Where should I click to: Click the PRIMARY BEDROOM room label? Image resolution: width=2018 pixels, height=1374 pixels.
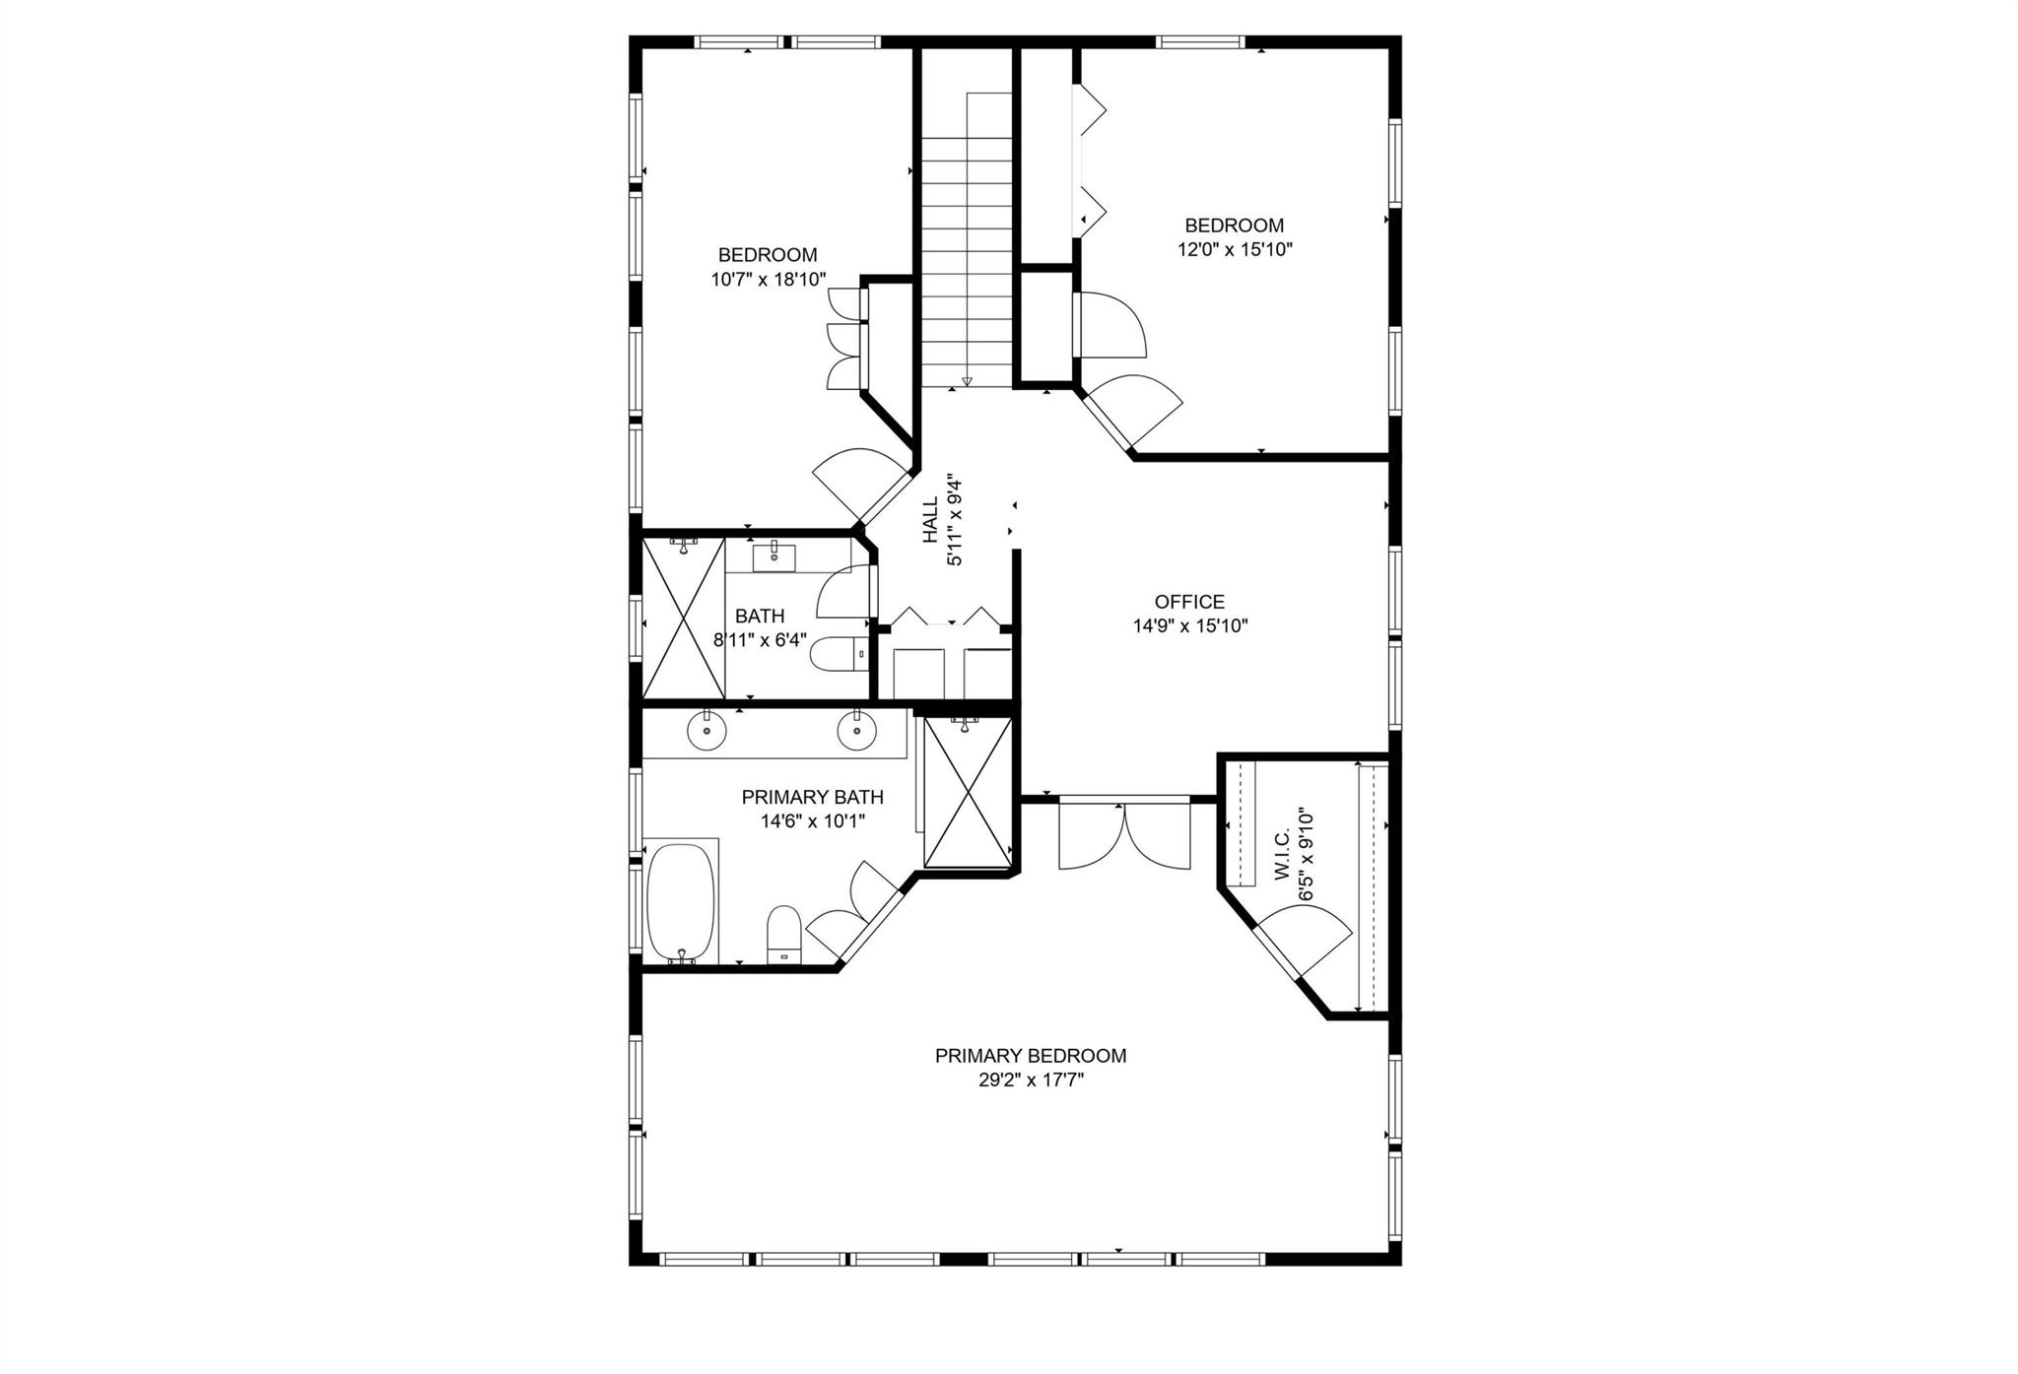(x=1031, y=1056)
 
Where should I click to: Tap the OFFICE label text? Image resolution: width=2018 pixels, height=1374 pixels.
(x=1190, y=602)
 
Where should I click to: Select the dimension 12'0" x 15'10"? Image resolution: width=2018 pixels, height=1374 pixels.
(x=1235, y=249)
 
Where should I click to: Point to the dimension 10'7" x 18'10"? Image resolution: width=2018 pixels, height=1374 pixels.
(x=769, y=280)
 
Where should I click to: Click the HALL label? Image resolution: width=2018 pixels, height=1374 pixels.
(x=931, y=521)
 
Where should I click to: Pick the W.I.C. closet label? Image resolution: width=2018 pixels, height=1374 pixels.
(x=1282, y=855)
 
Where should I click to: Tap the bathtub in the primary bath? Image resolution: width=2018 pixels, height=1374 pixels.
(x=681, y=901)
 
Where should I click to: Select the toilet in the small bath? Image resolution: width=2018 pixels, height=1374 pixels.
(x=838, y=653)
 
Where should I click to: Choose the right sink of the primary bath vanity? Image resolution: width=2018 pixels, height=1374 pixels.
(x=856, y=730)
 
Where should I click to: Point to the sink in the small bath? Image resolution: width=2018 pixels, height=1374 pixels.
(x=774, y=557)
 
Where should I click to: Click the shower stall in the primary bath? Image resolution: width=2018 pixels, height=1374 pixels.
(x=968, y=793)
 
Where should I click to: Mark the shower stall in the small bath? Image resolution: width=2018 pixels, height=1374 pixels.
(x=684, y=618)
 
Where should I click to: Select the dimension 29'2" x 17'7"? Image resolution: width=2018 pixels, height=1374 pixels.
(x=1031, y=1080)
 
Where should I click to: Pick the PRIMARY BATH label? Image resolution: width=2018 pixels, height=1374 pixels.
(x=813, y=797)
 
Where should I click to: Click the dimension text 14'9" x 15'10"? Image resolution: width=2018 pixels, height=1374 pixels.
(x=1190, y=625)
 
